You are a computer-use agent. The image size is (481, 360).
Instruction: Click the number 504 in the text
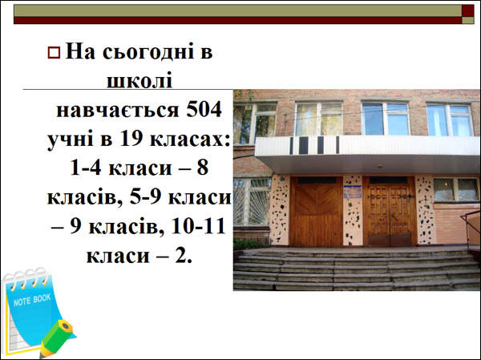point(204,110)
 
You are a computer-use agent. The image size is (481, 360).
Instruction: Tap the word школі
point(139,80)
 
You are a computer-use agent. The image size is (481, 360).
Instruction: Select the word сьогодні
point(149,51)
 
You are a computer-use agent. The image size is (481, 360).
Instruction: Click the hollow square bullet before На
point(54,52)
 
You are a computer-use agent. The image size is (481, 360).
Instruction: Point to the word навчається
point(118,110)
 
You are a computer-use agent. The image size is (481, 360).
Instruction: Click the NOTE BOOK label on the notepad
point(32,300)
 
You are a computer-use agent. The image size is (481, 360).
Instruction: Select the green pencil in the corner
point(56,338)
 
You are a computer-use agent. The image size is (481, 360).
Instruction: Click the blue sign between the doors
point(352,192)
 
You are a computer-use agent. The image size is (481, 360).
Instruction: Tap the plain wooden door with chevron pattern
point(316,211)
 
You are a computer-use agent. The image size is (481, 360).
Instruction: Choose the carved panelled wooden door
point(390,211)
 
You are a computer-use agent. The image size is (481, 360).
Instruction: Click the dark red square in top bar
point(468,10)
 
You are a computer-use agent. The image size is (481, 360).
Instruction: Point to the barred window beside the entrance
point(253,202)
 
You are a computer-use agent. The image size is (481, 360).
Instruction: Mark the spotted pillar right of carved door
point(425,210)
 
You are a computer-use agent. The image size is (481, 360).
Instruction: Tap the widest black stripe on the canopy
point(303,145)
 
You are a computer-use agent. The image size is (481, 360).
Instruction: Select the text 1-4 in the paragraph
point(86,168)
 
